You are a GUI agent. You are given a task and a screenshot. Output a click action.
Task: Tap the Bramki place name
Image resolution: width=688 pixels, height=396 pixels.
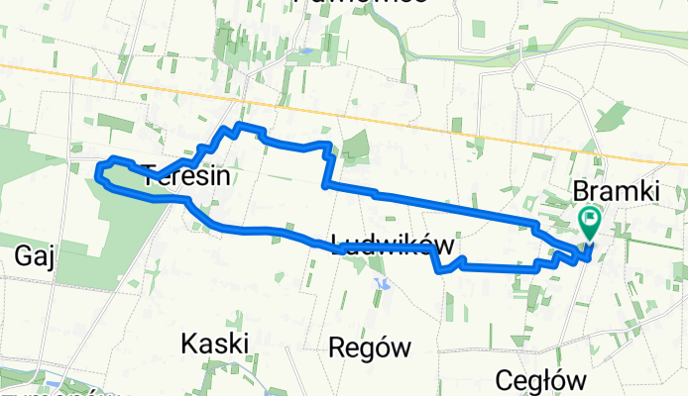(616, 191)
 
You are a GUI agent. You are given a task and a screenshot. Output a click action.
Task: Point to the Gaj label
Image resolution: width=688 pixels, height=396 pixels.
(34, 256)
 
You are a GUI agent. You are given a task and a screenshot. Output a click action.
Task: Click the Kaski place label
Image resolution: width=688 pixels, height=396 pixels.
(214, 344)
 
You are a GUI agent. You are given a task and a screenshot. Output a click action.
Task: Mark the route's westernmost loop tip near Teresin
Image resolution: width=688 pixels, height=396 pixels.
(98, 175)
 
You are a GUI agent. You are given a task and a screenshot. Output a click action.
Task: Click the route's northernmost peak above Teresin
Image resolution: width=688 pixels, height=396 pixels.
(238, 125)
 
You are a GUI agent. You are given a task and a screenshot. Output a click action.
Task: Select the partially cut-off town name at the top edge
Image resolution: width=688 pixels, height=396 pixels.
(362, 3)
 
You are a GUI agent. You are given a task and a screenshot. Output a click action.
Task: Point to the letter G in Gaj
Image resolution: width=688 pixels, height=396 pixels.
(23, 256)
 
